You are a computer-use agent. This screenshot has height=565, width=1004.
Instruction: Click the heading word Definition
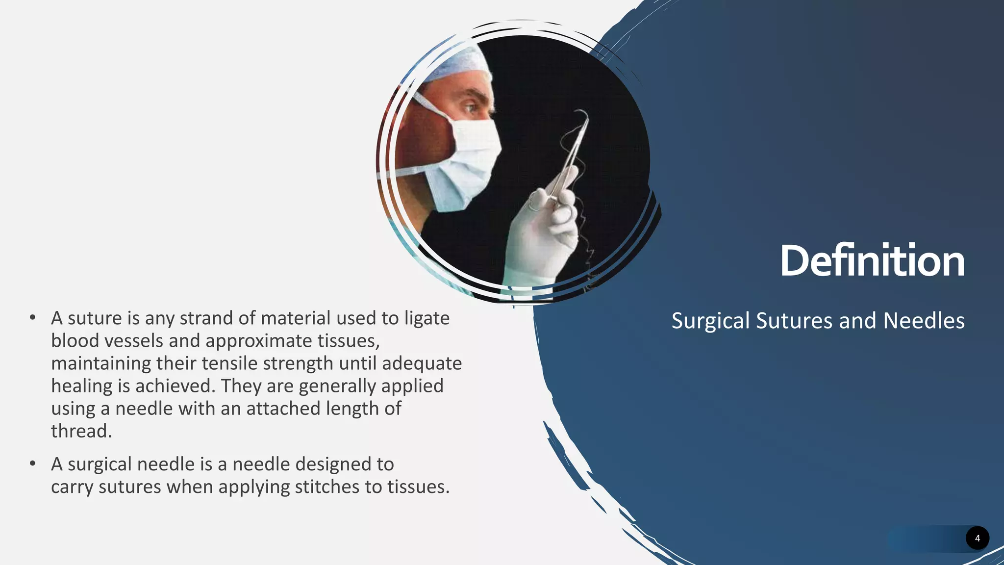coord(872,261)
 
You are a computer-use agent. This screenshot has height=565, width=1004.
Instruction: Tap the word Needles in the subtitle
coord(924,321)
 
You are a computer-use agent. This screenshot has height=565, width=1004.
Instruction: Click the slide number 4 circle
coord(977,539)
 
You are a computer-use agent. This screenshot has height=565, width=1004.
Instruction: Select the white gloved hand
coord(544,231)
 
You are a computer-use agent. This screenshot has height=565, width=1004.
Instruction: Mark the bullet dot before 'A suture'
coord(32,318)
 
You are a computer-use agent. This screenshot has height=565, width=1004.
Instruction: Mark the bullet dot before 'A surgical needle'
coord(32,464)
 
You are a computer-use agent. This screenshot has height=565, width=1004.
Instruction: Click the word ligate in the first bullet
coord(427,318)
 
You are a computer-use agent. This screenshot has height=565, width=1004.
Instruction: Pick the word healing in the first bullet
coord(82,386)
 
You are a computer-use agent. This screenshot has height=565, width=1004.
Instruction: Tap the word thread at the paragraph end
coord(81,431)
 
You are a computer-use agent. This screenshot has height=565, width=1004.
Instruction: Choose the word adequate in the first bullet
coord(422,364)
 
